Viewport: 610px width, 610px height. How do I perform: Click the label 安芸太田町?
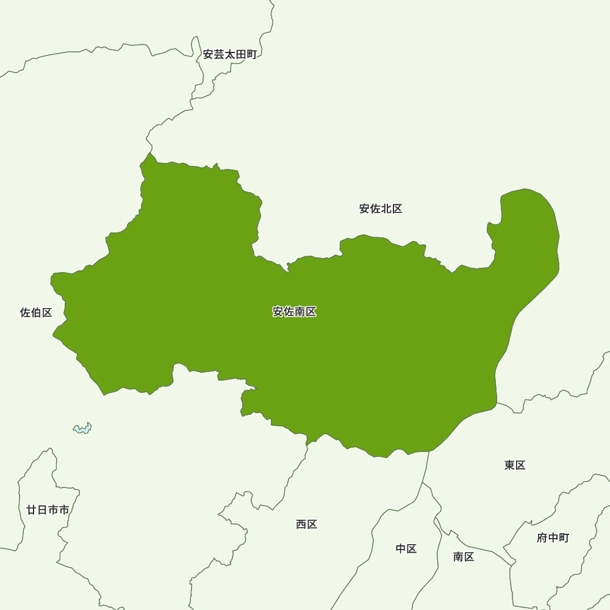[x=229, y=54]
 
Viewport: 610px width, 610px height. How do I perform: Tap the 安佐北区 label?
[x=381, y=209]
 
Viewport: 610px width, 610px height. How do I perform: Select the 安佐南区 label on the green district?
[x=295, y=312]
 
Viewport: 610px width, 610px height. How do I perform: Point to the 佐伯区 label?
[x=36, y=313]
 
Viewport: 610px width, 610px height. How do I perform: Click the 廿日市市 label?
[x=48, y=510]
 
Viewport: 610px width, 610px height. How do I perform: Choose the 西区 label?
[x=307, y=524]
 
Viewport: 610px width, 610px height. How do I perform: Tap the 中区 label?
[x=406, y=548]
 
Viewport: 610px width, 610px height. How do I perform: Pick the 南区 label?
[x=464, y=556]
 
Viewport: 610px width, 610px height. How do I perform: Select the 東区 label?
[x=515, y=465]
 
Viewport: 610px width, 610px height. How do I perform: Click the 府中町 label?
[x=553, y=537]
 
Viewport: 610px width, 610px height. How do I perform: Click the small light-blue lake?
[x=82, y=428]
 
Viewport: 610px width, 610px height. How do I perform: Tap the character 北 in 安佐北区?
[x=386, y=209]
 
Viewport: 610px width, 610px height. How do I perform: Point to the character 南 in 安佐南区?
[x=300, y=312]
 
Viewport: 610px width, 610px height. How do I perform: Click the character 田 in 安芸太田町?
[x=240, y=54]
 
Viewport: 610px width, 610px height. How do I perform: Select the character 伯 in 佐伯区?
[x=36, y=313]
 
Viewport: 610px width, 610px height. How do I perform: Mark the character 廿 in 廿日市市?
[x=32, y=510]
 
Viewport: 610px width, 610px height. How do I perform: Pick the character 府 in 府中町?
[x=542, y=537]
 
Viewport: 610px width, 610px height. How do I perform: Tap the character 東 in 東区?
[x=510, y=465]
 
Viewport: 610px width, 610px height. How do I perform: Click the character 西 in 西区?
[x=301, y=524]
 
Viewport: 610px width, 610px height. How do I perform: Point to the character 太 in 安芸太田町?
[x=229, y=54]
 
